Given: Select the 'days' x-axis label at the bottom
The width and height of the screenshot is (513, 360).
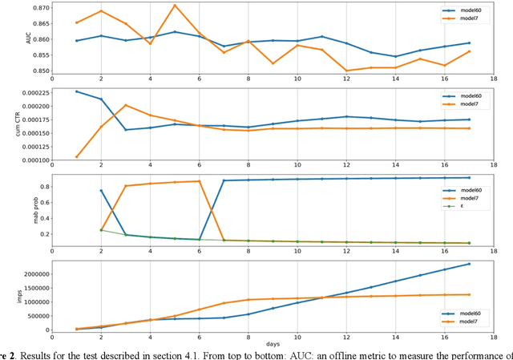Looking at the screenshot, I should click(x=272, y=343).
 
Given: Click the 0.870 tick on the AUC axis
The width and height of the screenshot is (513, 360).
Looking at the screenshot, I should click(x=37, y=7).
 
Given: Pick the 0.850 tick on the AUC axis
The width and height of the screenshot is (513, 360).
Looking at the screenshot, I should click(x=37, y=71).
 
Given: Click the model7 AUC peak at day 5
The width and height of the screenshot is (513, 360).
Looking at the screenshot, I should click(x=175, y=6).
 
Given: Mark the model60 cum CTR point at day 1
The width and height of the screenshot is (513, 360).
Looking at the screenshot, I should click(x=77, y=91).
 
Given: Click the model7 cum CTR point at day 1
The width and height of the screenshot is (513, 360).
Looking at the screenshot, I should click(x=77, y=156).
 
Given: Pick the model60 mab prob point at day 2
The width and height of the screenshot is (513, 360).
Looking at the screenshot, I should click(x=101, y=191).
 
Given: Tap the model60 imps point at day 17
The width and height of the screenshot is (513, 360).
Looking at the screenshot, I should click(x=469, y=264).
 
